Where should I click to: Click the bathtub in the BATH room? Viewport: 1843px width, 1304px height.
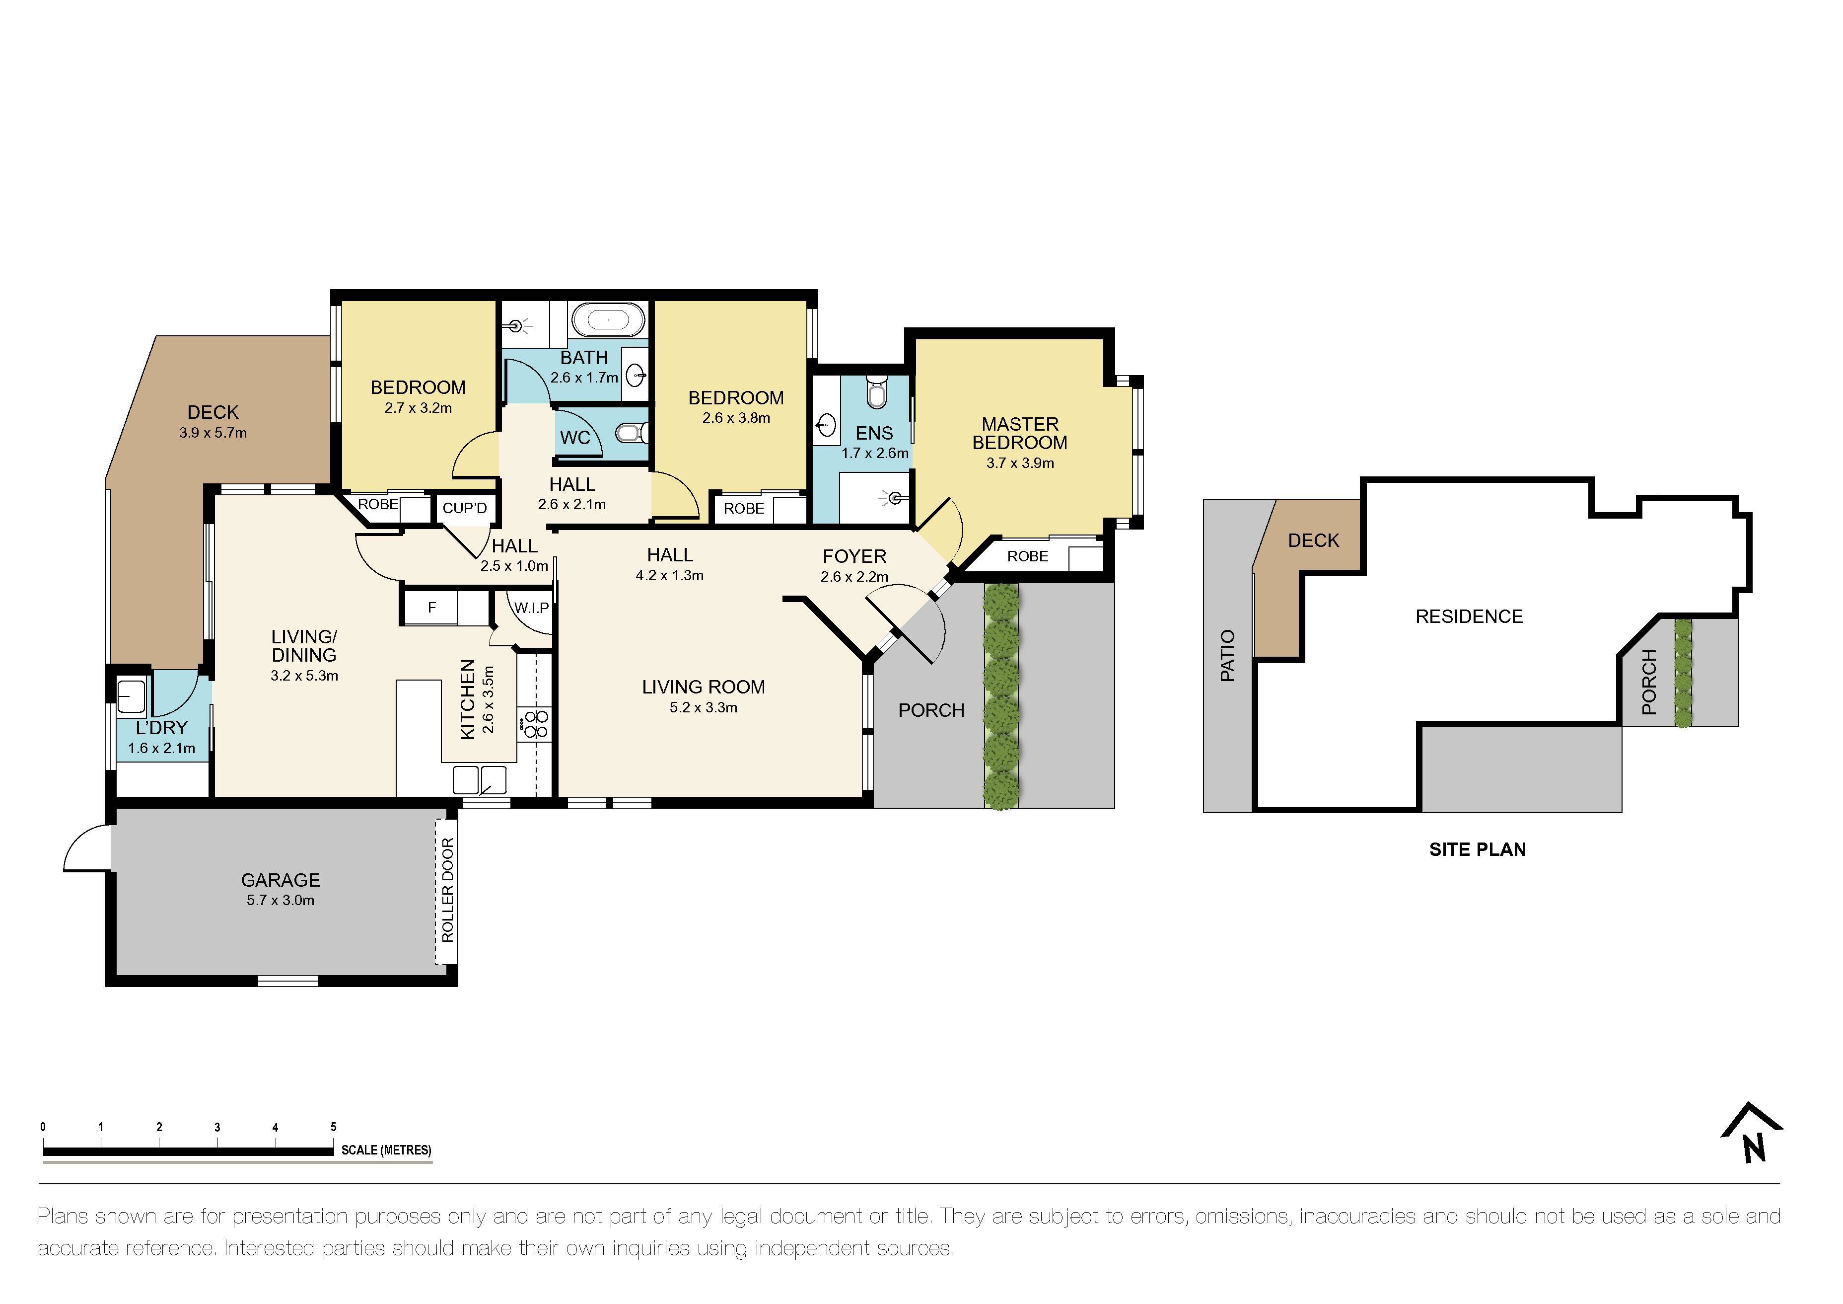click(x=608, y=320)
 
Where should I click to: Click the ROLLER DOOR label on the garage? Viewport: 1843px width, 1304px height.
click(x=447, y=890)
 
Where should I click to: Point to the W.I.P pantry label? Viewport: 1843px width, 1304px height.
click(x=531, y=608)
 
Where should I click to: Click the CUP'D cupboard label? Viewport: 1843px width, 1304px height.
click(x=465, y=508)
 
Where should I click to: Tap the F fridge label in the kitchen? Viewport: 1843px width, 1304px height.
click(x=432, y=608)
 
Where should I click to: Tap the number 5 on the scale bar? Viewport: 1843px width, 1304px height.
click(x=333, y=1127)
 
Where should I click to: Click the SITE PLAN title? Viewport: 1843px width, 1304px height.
click(x=1477, y=849)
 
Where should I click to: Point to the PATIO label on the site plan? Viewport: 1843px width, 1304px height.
click(x=1227, y=656)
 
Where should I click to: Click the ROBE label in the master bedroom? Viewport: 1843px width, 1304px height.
click(x=1027, y=556)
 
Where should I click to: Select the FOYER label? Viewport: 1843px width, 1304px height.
click(x=854, y=556)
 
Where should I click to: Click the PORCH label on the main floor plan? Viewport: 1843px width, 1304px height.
click(x=930, y=710)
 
